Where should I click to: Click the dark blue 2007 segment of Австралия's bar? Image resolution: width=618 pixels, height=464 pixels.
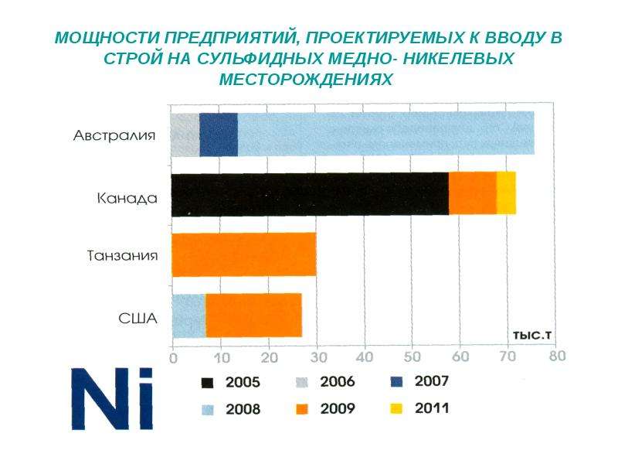coord(219,135)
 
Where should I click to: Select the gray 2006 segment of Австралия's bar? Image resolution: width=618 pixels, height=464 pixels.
coord(185,135)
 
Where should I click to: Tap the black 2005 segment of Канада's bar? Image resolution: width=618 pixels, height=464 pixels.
coord(311,195)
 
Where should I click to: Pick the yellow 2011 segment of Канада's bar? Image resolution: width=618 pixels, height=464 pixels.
coord(506,193)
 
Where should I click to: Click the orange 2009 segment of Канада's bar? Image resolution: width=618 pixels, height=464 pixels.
coord(473,194)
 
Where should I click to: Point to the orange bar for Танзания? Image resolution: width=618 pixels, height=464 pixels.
coord(244,254)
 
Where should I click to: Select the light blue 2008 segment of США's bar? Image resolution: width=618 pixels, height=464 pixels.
coord(189,316)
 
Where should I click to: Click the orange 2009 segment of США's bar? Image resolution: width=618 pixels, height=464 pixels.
coord(254,316)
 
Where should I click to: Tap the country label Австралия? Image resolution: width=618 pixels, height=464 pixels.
coord(114,136)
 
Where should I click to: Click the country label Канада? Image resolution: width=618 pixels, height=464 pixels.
coord(127,198)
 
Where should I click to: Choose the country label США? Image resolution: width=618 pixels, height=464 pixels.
coord(138,319)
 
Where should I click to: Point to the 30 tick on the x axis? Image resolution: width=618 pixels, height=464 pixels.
coord(318,357)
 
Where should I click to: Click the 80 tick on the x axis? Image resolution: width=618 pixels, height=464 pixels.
coord(557,356)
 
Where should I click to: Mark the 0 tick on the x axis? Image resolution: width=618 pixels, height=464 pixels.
coord(173,358)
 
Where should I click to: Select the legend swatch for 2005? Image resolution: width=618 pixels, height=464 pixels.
coord(207,383)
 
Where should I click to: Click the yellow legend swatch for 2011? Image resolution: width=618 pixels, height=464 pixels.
coord(396,408)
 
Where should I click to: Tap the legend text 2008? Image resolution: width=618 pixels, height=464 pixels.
coord(243,409)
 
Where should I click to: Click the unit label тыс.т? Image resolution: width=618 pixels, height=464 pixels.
coord(532,336)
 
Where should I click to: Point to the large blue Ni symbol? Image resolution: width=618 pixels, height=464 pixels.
coord(112,398)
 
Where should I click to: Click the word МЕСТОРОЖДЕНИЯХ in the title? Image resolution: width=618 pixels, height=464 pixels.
coord(306,80)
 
